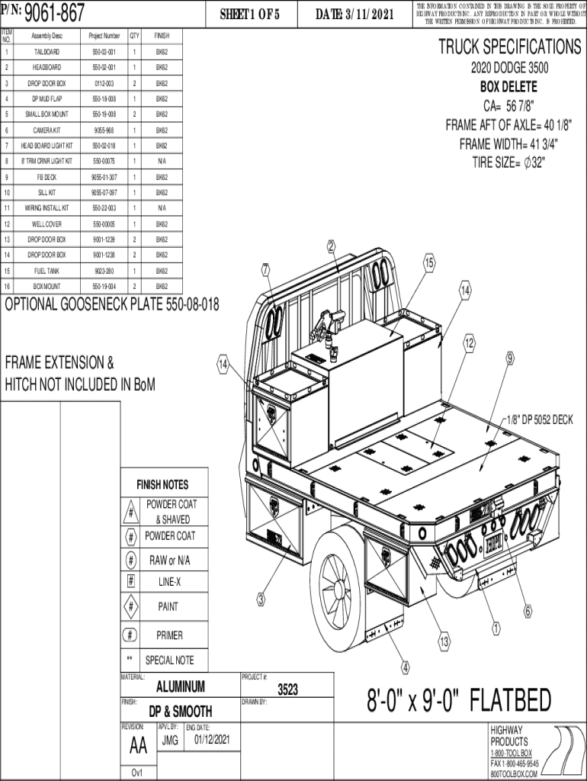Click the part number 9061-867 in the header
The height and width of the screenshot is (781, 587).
(x=55, y=12)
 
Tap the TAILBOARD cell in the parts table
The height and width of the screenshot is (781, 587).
(x=47, y=53)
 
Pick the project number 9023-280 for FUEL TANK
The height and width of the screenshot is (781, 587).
(x=104, y=271)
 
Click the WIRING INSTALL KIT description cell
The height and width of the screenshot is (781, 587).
(x=47, y=208)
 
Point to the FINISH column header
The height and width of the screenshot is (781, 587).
(x=162, y=36)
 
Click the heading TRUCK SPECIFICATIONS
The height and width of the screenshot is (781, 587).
(x=509, y=47)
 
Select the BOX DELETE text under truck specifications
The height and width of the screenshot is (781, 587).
(x=508, y=87)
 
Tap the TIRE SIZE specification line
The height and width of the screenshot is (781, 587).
(x=508, y=162)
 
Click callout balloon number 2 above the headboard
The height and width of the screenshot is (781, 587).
(x=331, y=246)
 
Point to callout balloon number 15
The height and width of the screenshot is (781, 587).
(x=430, y=262)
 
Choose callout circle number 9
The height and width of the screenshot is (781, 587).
(x=509, y=358)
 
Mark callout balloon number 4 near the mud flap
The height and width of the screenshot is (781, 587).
(x=405, y=668)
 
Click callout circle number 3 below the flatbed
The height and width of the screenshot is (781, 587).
(x=261, y=599)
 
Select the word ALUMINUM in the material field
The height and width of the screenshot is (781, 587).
(x=180, y=686)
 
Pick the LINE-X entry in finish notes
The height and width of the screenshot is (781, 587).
(x=169, y=582)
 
